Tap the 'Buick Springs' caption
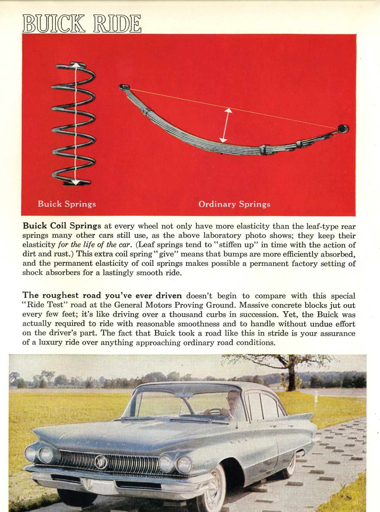67,204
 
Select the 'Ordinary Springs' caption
234,204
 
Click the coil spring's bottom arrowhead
76,182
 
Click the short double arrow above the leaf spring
226,125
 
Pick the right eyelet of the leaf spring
342,128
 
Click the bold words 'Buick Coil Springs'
62,226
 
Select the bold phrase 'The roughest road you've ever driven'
102,296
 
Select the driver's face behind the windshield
232,397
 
